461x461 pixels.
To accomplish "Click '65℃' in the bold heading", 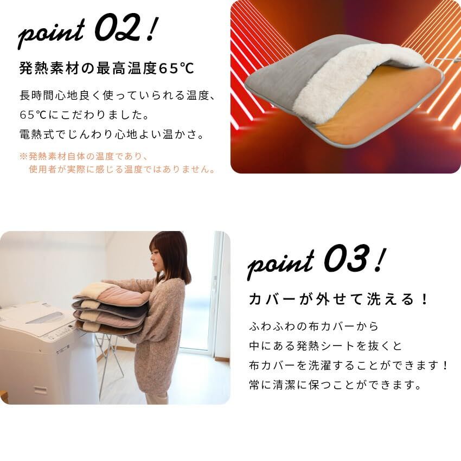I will tap(174, 69).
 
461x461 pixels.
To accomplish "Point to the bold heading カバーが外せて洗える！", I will tap(338, 299).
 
